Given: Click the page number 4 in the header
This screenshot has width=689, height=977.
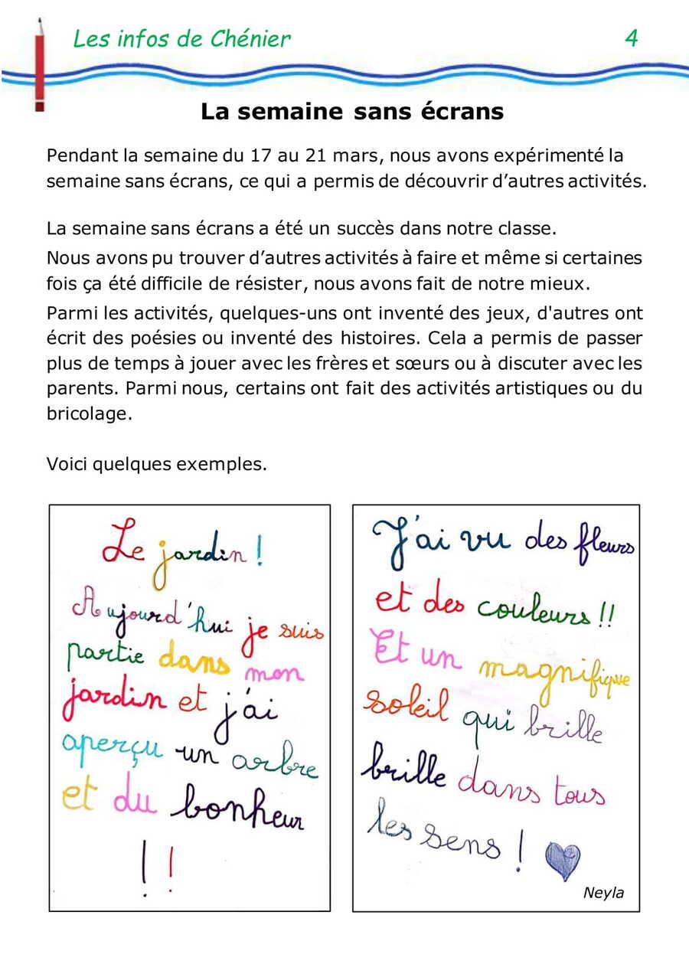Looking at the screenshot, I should tap(632, 38).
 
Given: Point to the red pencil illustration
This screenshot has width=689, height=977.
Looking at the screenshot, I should tap(39, 65).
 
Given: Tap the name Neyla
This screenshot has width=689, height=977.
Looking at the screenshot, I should tap(603, 893).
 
